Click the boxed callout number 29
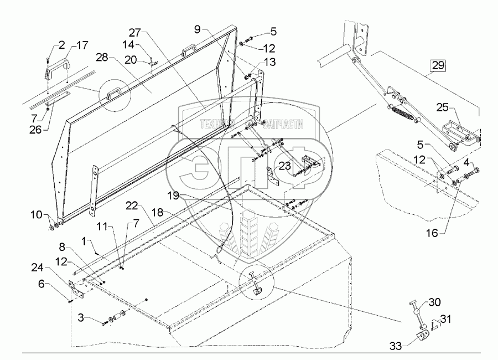point(438,65)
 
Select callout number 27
point(134,32)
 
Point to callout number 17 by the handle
point(82,45)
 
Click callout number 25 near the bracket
point(442,107)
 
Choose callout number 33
point(396,346)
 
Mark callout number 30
point(434,302)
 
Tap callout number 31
point(445,318)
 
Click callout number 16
point(432,233)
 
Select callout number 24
point(37,269)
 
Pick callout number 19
point(173,196)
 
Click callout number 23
point(284,166)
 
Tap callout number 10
point(37,215)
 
